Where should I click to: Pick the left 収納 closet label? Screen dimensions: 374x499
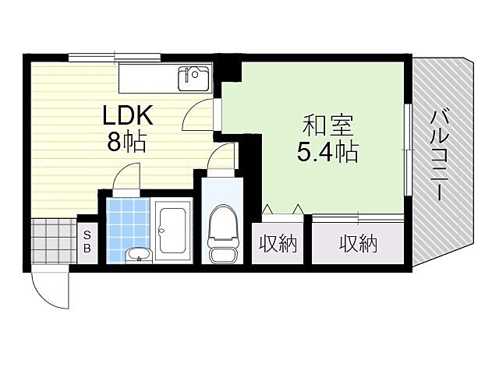click(x=278, y=245)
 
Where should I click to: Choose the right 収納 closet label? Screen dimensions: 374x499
click(x=358, y=245)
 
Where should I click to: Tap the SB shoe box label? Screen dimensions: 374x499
click(x=87, y=242)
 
